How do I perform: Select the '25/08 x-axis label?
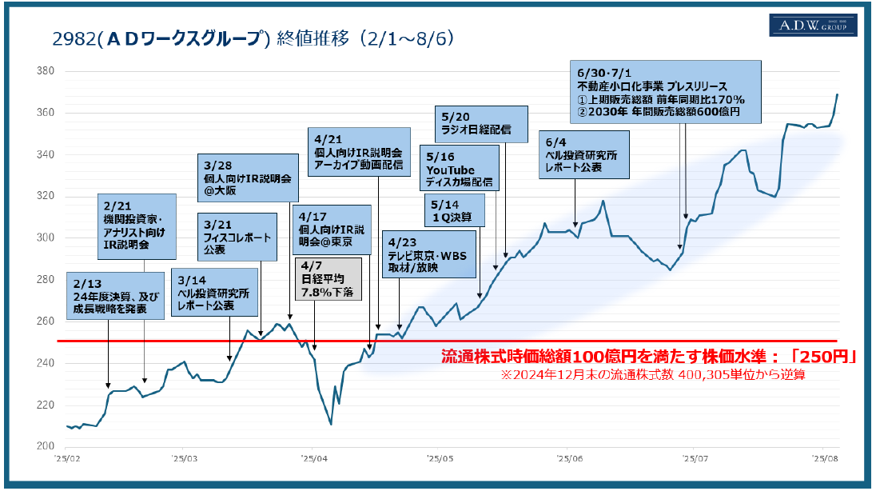tap(824, 459)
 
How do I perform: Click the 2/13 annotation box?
tap(108, 294)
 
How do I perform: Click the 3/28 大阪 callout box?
tap(248, 178)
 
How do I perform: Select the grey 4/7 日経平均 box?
tap(328, 279)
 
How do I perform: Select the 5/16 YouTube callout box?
tap(460, 170)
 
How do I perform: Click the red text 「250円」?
tap(826, 357)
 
